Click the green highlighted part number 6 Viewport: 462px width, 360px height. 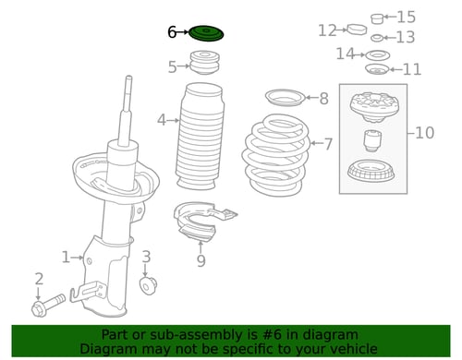point(206,33)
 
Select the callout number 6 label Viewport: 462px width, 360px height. point(172,32)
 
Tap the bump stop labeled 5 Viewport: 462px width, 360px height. point(204,62)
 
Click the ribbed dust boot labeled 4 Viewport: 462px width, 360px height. point(201,136)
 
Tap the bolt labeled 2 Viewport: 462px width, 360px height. point(48,305)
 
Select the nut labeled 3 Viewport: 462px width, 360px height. point(148,285)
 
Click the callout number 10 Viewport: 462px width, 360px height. point(424,133)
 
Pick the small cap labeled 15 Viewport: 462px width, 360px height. point(377,18)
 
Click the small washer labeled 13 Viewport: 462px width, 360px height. point(377,38)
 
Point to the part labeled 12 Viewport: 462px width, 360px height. point(357,30)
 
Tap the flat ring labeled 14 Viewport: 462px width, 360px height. point(378,55)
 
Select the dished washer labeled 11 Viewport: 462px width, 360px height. point(377,69)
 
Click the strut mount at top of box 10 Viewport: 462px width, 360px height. point(373,108)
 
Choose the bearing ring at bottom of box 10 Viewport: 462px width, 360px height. point(371,172)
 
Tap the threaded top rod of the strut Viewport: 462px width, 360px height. point(128,92)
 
